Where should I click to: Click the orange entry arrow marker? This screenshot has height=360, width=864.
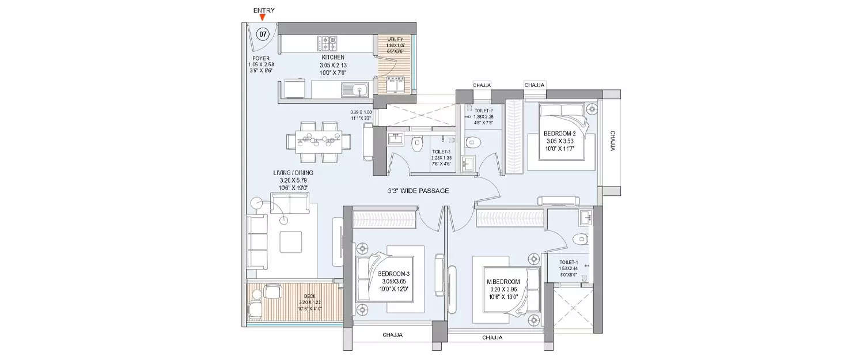pos(263,18)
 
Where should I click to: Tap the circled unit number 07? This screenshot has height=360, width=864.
pos(263,35)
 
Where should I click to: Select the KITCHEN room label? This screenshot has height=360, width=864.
pos(333,58)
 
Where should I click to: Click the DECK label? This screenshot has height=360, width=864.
pos(293,297)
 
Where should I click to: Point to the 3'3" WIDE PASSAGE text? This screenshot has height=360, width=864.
pos(418,191)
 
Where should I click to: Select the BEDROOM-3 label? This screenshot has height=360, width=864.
pos(393,274)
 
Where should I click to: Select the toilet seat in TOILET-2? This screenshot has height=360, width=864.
pos(472,139)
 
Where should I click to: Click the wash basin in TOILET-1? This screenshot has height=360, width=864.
pos(586,217)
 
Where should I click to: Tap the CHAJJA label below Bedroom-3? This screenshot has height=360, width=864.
pos(392,335)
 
